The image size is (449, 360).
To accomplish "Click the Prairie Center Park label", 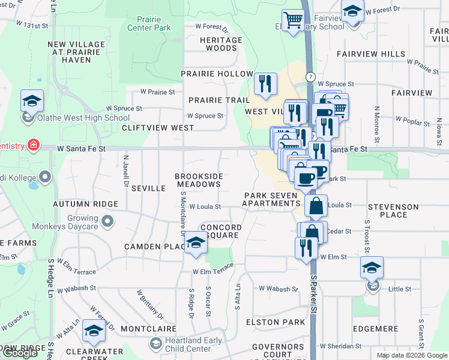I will click(149, 23).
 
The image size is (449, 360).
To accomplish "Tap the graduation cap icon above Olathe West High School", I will click(32, 101).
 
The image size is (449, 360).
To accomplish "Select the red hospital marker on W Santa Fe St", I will click(34, 146).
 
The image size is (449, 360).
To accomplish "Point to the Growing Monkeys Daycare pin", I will click(107, 223).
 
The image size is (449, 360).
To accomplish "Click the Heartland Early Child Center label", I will click(188, 344).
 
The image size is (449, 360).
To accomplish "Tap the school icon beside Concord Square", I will click(195, 243).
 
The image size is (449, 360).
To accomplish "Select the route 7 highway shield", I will click(310, 77).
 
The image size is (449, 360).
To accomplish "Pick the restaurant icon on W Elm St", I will click(306, 247).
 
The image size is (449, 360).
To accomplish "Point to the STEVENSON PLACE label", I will click(393, 211).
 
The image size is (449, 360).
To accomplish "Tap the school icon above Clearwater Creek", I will click(94, 331).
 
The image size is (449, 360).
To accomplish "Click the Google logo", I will click(20, 353).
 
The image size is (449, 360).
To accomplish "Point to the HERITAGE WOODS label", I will click(217, 44).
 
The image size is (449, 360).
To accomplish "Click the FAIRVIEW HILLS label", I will click(366, 54).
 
